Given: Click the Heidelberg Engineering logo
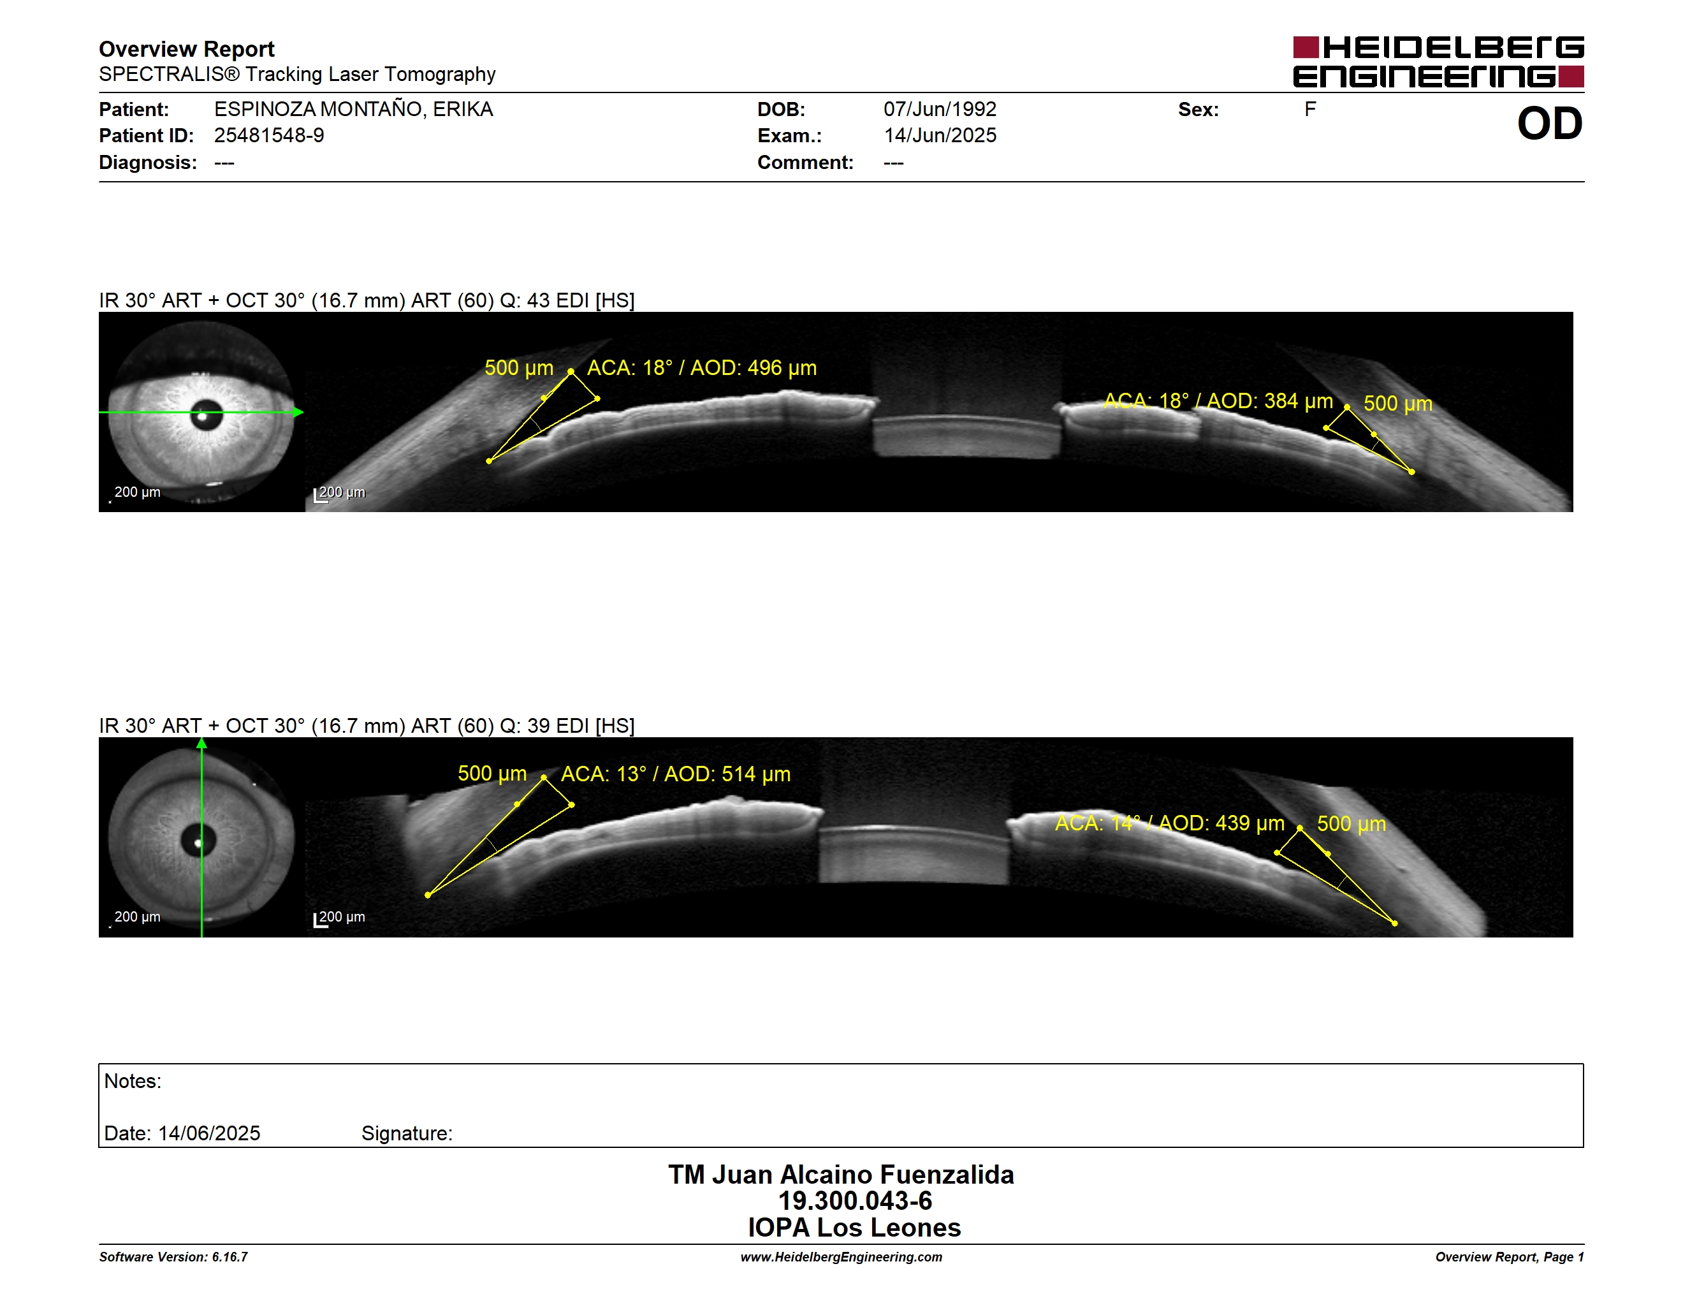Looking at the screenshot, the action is (1438, 62).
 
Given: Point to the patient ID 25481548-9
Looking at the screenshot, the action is (269, 136).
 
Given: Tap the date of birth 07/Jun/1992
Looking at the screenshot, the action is (940, 110).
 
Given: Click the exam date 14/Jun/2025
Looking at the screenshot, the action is (940, 136).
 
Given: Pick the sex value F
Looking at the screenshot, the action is (1310, 110).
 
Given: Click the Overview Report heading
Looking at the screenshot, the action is (187, 49).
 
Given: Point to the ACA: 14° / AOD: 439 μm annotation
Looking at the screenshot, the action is (1169, 823).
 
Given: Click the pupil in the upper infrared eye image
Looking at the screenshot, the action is (206, 415).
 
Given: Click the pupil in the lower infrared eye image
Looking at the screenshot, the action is (198, 841).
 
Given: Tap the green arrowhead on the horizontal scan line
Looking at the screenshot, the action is (298, 413).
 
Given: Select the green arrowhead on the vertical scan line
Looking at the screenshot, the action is (202, 744).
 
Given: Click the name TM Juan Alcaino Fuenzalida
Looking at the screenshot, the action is (841, 1175).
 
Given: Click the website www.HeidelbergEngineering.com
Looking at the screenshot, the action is (841, 1257).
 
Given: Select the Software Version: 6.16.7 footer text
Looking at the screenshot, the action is (173, 1257).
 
